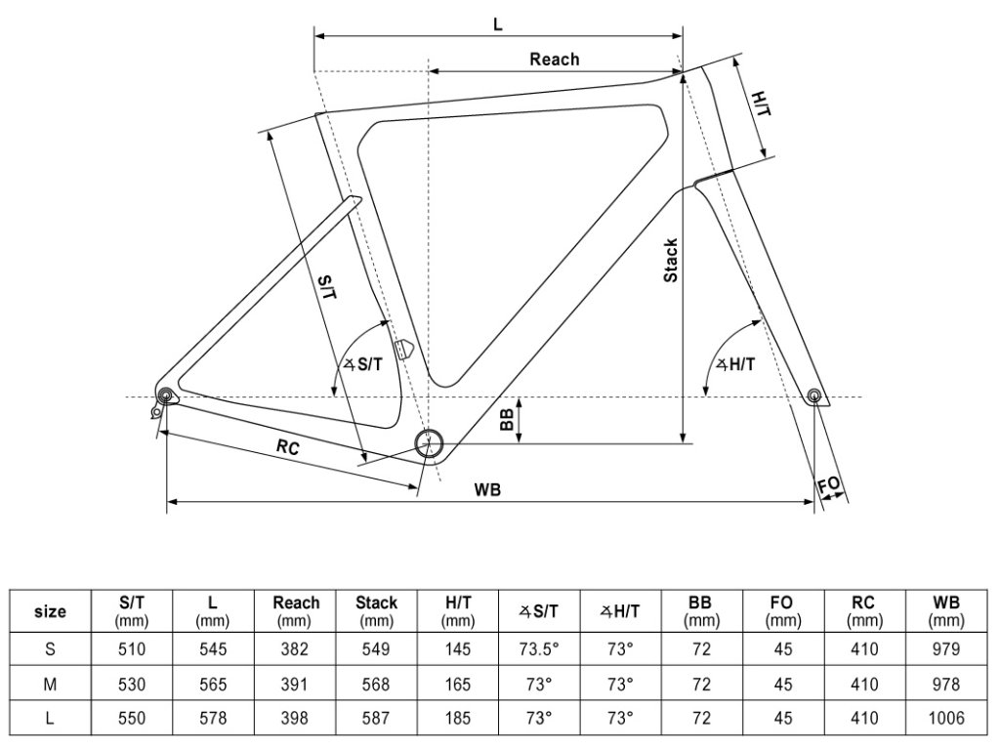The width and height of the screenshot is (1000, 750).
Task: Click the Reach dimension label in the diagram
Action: [x=554, y=60]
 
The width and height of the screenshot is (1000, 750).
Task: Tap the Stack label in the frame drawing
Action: [x=671, y=261]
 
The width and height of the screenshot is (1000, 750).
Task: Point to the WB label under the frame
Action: [x=488, y=490]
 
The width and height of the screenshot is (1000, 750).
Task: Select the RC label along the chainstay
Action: [x=287, y=448]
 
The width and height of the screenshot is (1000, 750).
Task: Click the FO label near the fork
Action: [x=828, y=485]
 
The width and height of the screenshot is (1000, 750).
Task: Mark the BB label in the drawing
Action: [x=507, y=420]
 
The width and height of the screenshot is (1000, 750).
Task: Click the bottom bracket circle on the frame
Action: [x=428, y=444]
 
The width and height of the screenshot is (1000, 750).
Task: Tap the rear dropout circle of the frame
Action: [x=164, y=396]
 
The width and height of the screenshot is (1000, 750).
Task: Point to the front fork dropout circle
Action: [x=814, y=396]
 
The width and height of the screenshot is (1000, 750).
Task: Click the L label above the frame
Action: [x=497, y=24]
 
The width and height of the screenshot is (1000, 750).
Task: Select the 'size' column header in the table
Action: [x=50, y=612]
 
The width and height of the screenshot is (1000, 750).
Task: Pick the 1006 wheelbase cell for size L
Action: [x=945, y=718]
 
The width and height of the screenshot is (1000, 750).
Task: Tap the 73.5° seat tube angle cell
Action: [x=538, y=648]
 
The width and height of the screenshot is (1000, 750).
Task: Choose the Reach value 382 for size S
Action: [x=295, y=648]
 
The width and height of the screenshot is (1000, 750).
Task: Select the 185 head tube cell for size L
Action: [x=457, y=718]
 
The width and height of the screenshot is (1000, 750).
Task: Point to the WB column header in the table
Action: [x=945, y=611]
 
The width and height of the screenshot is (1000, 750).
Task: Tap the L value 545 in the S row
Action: [x=213, y=648]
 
